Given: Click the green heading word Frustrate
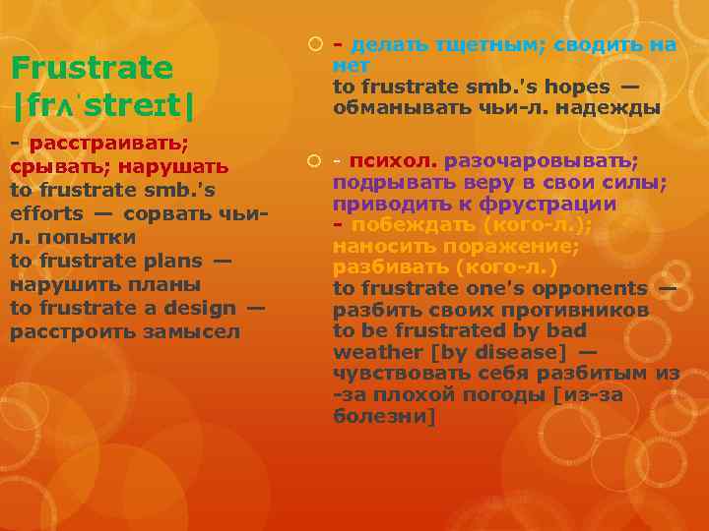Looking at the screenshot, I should (92, 69).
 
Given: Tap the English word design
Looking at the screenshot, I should (202, 308).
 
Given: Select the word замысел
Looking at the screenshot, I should (196, 331).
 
